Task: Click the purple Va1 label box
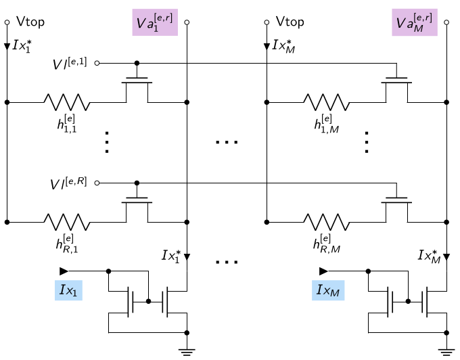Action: pyautogui.click(x=155, y=22)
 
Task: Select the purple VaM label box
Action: pyautogui.click(x=415, y=22)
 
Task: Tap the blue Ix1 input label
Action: pyautogui.click(x=68, y=290)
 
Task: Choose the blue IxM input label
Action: pyautogui.click(x=328, y=290)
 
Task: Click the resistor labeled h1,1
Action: pyautogui.click(x=67, y=102)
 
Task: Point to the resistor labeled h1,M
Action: pyautogui.click(x=327, y=102)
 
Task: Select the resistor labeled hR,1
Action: pyautogui.click(x=67, y=222)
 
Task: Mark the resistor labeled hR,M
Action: pyautogui.click(x=327, y=222)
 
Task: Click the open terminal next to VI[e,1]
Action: pyautogui.click(x=97, y=63)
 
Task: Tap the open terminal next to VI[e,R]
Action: pyautogui.click(x=97, y=183)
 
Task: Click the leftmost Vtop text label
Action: pyautogui.click(x=30, y=22)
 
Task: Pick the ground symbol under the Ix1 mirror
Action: pyautogui.click(x=187, y=352)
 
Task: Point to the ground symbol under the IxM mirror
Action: pyautogui.click(x=446, y=352)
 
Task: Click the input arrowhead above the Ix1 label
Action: pyautogui.click(x=64, y=271)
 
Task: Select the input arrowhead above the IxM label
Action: pyautogui.click(x=323, y=271)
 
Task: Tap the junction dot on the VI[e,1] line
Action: pyautogui.click(x=137, y=63)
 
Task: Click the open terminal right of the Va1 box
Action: pyautogui.click(x=187, y=22)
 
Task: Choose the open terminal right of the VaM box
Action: pyautogui.click(x=446, y=22)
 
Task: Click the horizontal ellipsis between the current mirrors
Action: pyautogui.click(x=227, y=262)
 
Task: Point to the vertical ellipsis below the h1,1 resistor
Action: pyautogui.click(x=107, y=142)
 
